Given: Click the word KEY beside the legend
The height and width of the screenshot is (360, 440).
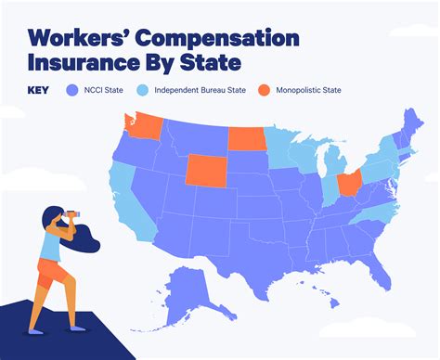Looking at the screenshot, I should [x=40, y=91].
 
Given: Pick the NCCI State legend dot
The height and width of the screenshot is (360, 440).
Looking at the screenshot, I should [x=72, y=91].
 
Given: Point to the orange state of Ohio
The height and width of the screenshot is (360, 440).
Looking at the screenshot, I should [x=347, y=183].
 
